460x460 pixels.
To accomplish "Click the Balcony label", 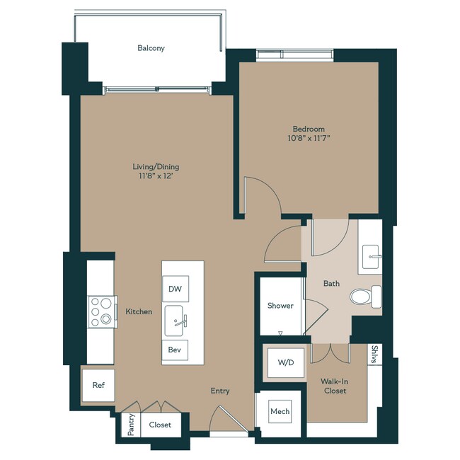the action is pos(151,48).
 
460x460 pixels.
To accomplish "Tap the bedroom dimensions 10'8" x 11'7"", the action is pos(309,138).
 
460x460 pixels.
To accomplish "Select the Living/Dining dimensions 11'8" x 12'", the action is pos(156,176).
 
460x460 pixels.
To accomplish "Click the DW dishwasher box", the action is pos(176,289).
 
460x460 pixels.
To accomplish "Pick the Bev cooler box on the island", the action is pos(175,350).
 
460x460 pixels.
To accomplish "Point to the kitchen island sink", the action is pos(175,321).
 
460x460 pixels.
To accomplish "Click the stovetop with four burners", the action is pos(102,311).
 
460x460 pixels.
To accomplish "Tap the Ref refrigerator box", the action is pos(98,385).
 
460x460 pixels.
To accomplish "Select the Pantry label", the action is pos(131,425).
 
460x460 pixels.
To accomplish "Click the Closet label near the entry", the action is pos(160,425).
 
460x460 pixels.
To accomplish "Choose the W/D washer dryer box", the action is pos(286,362).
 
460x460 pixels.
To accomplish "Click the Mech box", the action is pos(280,411).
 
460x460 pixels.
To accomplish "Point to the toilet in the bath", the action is pos(366,297).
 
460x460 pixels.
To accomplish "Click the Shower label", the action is pos(280,306).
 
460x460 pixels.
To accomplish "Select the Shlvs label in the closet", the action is pos(374,355).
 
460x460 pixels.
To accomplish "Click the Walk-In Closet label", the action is pos(335,386).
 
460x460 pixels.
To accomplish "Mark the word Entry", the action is pos(220,391).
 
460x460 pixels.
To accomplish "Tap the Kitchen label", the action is pos(139,311).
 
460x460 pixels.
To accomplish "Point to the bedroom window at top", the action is pos(295,55).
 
